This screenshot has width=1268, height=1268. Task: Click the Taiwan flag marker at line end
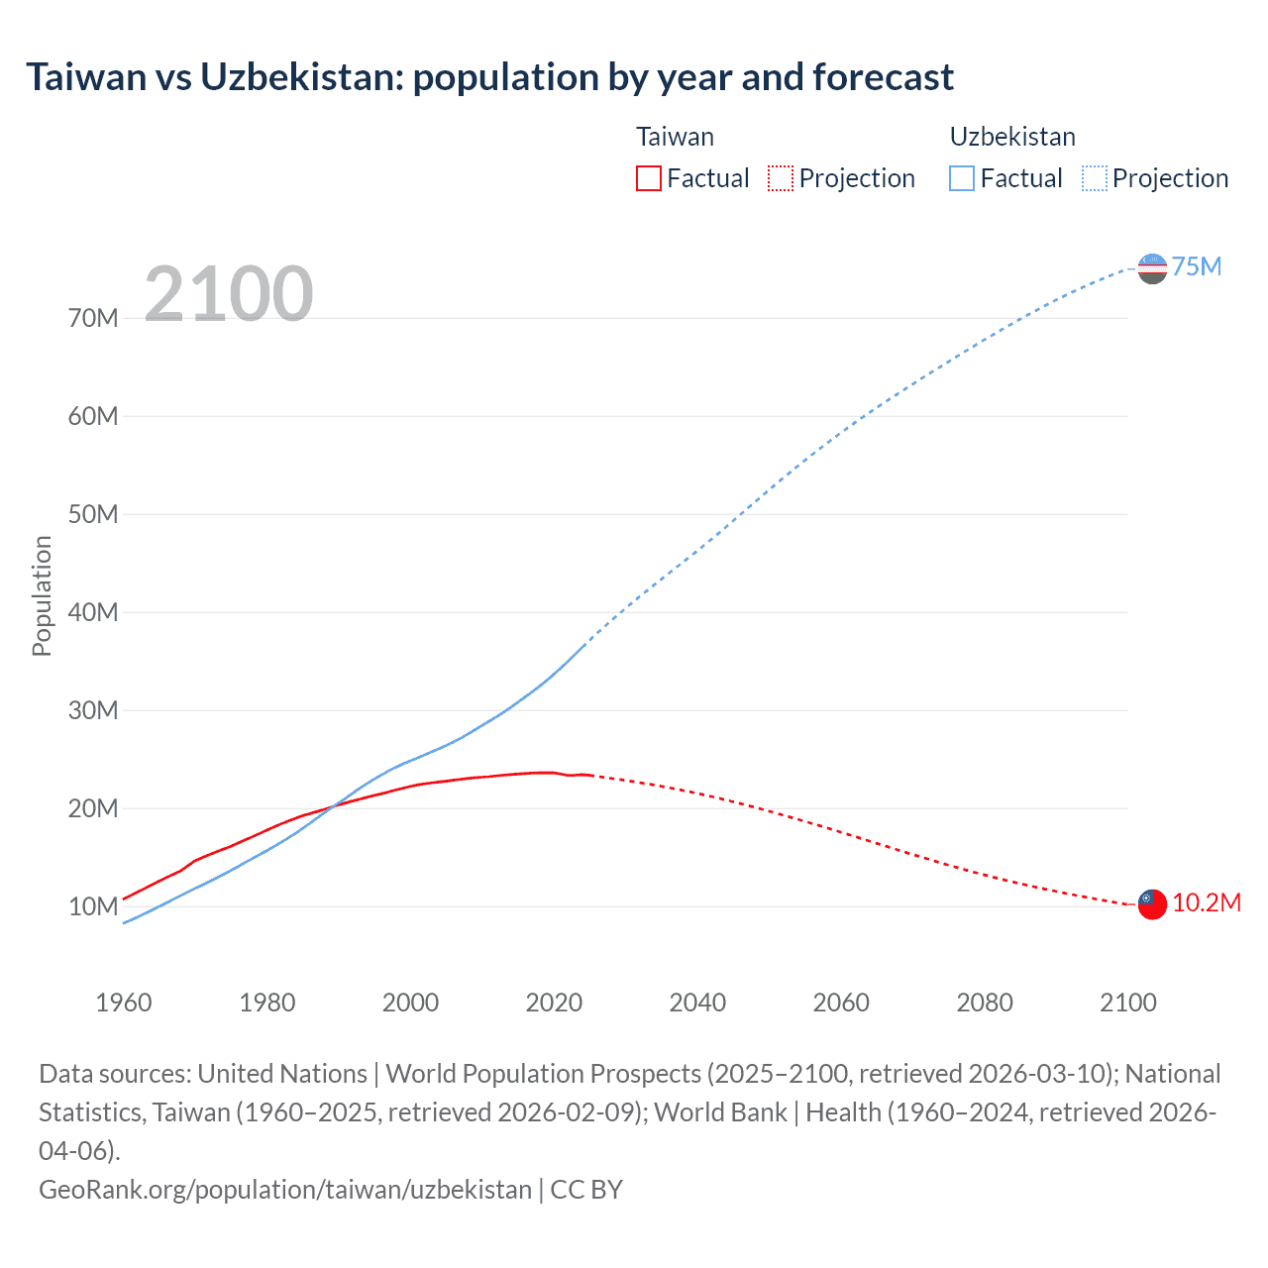coord(1152,903)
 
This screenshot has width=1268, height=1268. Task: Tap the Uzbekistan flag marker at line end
coord(1152,267)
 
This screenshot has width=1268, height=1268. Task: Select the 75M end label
coord(1197,267)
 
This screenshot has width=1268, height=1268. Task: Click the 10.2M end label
coord(1207,903)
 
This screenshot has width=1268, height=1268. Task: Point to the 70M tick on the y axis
coord(93,318)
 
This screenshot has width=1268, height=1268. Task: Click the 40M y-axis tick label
coord(93,612)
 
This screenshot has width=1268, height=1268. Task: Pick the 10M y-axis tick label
coord(93,906)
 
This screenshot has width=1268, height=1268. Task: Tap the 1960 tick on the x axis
coord(124,1003)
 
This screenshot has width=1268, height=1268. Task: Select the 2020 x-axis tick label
coord(554,1003)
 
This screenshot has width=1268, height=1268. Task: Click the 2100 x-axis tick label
coord(1128,1003)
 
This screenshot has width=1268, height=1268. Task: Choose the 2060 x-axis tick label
coord(841,1003)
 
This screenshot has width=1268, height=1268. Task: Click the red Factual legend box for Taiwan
coord(649,178)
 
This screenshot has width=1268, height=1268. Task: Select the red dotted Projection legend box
coord(781,178)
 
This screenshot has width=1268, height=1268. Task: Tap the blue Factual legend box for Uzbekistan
coord(962,178)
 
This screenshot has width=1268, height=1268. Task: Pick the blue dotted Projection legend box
coord(1094,178)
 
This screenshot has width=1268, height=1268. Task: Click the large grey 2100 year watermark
coord(229,294)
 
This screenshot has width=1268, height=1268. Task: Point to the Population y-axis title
coord(42,595)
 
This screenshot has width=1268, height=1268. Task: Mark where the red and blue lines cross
coord(333,804)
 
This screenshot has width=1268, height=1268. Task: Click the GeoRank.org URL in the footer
coord(285,1189)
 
